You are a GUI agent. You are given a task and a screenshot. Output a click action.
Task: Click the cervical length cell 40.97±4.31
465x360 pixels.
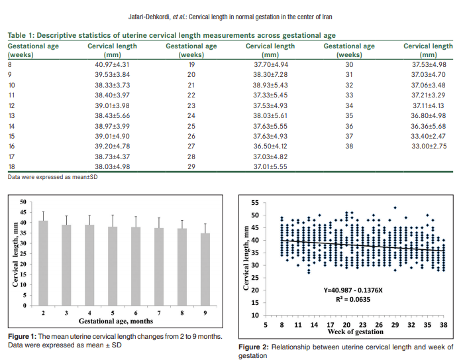113,65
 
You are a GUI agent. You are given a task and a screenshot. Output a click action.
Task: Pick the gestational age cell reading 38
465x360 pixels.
349,146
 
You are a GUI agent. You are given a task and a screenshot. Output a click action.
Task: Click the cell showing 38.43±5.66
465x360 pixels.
113,115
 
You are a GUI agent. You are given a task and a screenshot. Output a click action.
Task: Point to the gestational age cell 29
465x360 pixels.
191,166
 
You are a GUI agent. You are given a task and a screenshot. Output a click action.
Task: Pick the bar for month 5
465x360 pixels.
113,266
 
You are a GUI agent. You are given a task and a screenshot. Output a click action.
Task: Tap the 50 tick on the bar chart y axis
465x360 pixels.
23,202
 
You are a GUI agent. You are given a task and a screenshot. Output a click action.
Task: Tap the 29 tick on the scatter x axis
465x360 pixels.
395,325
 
